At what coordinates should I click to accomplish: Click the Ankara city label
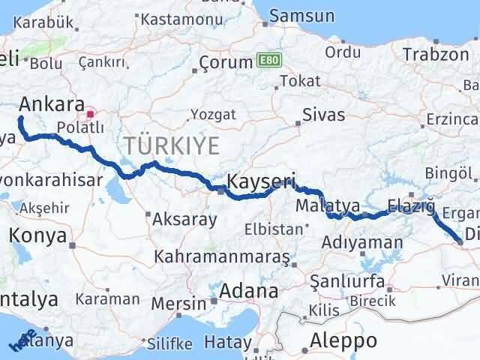coord(52,103)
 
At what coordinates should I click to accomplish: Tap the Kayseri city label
coord(261,181)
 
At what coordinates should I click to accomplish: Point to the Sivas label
coord(323,115)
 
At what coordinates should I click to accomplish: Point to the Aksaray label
coord(184,220)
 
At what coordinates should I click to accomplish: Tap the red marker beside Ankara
coord(91,115)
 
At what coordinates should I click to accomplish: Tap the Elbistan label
coord(268,229)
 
